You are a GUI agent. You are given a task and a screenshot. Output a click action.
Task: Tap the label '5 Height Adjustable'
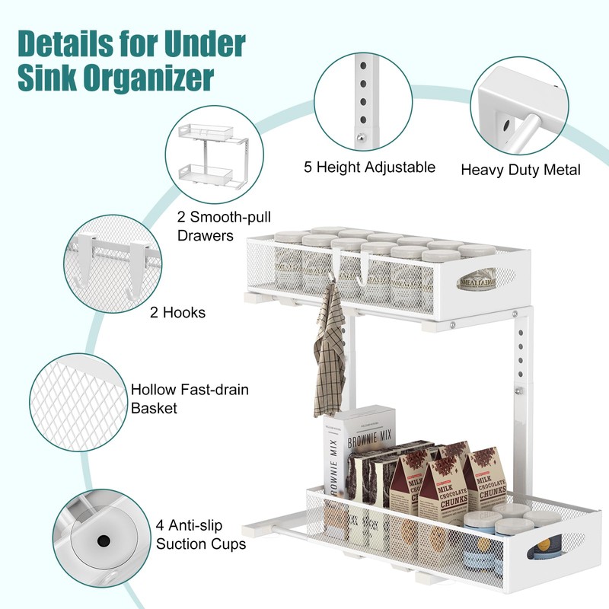click(369, 167)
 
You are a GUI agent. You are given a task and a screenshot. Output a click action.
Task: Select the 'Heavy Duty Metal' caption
click(521, 169)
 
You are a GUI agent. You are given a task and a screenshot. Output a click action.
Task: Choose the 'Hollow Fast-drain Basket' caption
click(190, 399)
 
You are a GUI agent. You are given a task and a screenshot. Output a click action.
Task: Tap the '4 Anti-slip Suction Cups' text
click(201, 535)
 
